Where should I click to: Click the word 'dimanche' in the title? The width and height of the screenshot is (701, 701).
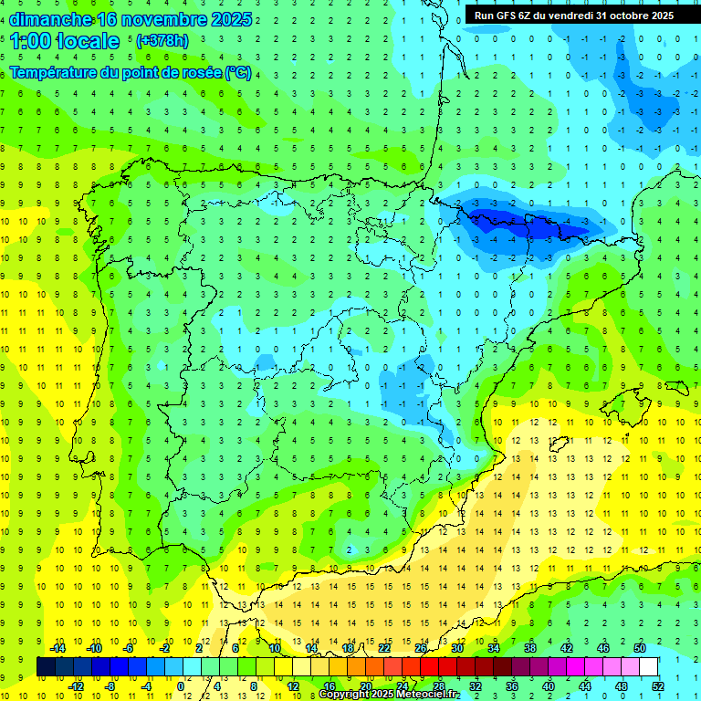50,19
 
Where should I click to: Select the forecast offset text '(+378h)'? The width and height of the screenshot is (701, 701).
162,41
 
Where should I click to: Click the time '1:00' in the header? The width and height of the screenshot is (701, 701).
30,41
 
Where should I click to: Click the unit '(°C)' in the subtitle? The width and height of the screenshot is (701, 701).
237,72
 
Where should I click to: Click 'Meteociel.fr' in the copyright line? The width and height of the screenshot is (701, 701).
427,695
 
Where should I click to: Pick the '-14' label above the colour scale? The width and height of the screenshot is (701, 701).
58,648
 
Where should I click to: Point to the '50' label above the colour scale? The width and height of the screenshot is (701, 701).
639,648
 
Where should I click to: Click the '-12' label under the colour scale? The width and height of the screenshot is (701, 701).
77,686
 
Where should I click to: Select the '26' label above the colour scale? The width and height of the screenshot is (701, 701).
421,648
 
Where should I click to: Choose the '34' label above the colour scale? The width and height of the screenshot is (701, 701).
494,648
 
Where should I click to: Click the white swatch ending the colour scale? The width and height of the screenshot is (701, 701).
649,667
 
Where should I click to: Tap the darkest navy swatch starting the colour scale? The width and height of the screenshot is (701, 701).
46,667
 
